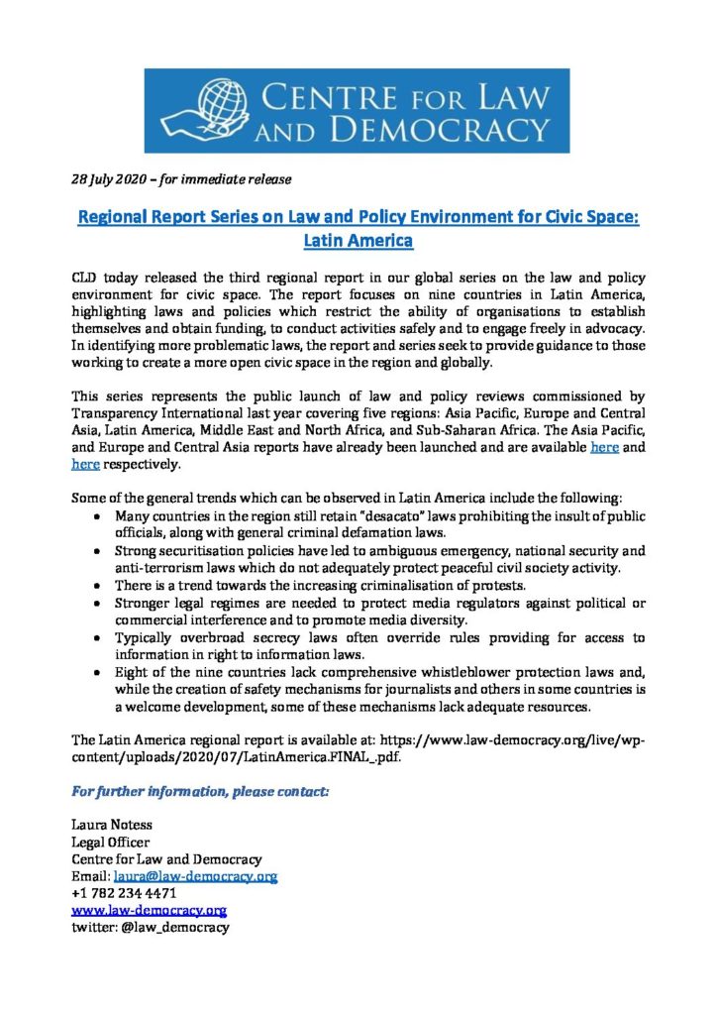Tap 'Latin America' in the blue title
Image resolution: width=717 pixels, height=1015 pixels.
coord(358,240)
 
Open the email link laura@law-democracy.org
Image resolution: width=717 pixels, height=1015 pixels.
coord(195,876)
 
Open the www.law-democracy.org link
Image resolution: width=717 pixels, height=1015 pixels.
coord(150,910)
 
